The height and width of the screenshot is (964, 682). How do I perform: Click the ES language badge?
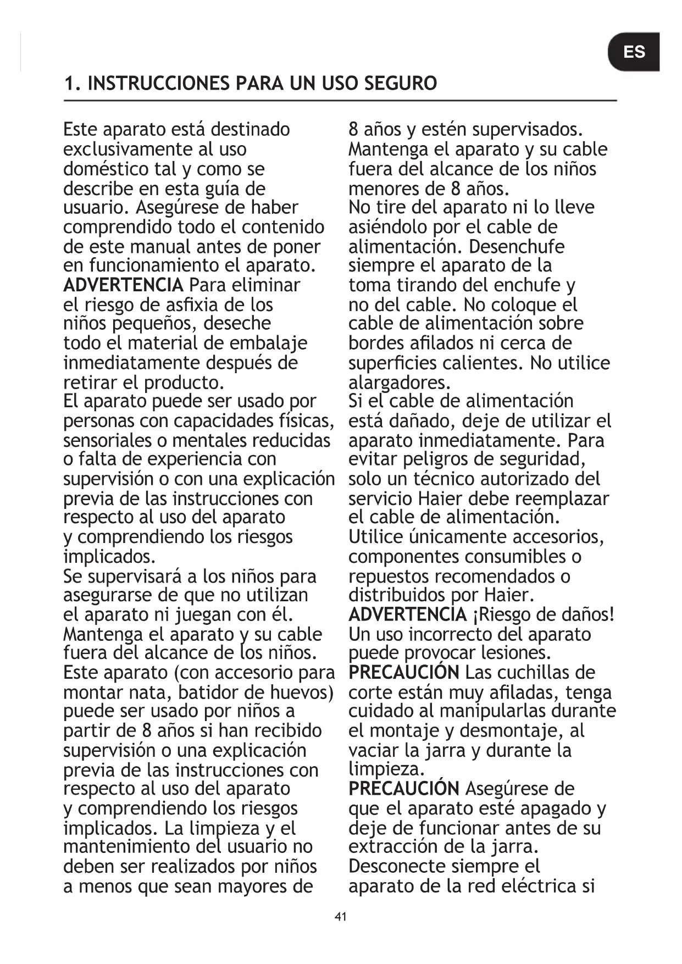[634, 52]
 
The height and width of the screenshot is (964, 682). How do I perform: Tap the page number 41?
[341, 917]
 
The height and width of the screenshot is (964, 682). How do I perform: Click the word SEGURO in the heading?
[401, 84]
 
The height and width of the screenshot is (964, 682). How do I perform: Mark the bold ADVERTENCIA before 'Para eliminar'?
[123, 285]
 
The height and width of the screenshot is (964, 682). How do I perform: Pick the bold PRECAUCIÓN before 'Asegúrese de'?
[404, 789]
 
